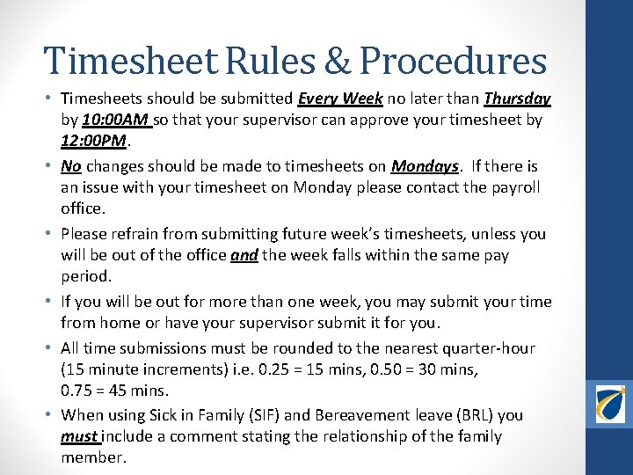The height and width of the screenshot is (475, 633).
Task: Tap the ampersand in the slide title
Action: coord(338,62)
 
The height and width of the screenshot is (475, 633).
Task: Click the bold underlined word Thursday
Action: coord(518,99)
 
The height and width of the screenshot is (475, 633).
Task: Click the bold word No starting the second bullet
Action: coord(70,166)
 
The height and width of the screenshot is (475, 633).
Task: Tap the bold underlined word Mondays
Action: coord(425,166)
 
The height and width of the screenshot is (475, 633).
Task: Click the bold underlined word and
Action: coord(244,255)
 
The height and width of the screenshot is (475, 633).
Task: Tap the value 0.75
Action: coord(77,391)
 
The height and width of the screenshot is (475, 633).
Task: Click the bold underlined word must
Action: coord(79,436)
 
